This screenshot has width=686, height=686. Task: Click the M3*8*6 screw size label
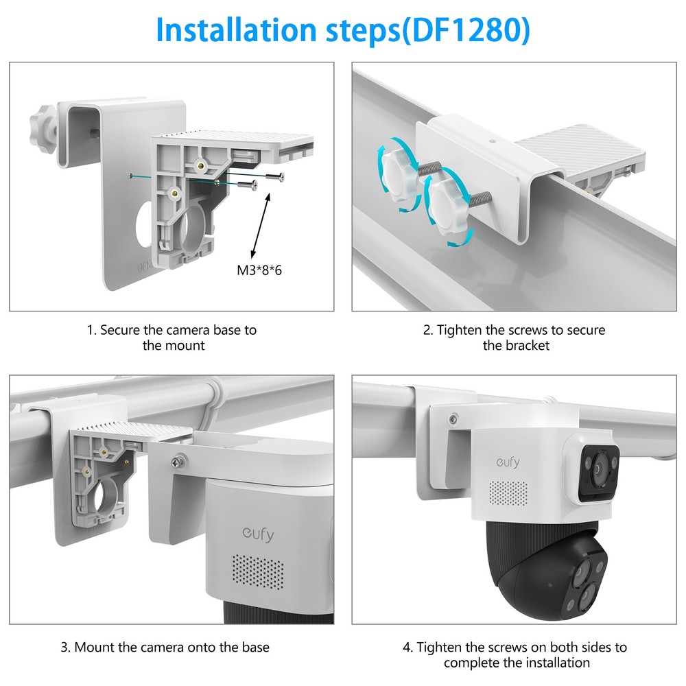(x=259, y=270)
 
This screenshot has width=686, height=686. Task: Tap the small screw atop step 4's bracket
(x=453, y=418)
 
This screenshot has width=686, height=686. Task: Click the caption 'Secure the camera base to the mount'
(x=172, y=338)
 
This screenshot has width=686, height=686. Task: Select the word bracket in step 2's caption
(x=526, y=346)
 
